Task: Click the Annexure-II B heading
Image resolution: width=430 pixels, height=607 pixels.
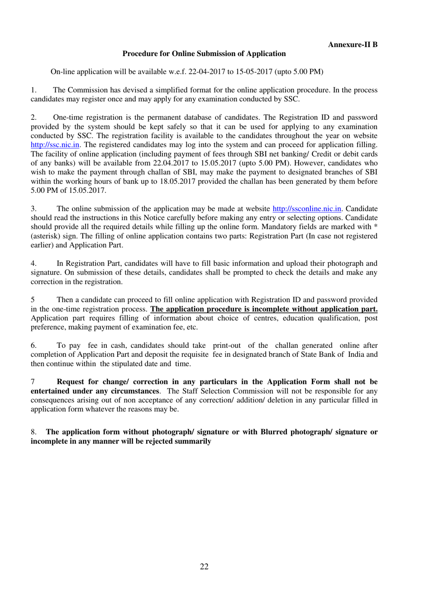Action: click(x=353, y=44)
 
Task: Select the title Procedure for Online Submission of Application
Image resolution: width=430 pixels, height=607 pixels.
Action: click(x=204, y=53)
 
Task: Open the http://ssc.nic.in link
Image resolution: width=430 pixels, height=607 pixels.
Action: click(x=55, y=145)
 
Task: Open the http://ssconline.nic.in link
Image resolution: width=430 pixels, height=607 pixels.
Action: click(x=306, y=209)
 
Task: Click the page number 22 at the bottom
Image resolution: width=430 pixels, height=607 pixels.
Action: click(x=204, y=567)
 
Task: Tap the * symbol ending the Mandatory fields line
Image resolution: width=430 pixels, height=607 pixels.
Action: click(x=375, y=227)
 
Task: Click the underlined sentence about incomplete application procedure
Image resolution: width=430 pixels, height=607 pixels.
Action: click(x=264, y=309)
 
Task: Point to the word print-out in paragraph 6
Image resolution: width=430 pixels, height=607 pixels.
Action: click(x=227, y=346)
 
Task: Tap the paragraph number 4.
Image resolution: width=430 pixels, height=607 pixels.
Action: click(x=33, y=263)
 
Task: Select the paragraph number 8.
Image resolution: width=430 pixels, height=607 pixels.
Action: click(x=33, y=432)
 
